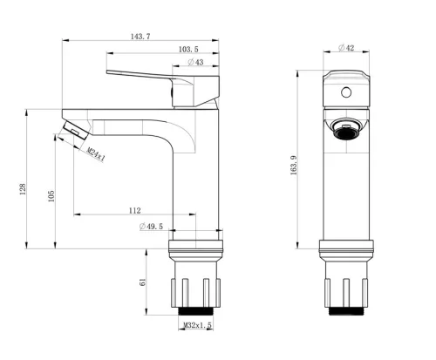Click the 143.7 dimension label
pos(140,37)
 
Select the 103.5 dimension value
pos(188,50)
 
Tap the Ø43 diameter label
pos(195,62)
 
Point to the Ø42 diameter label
pos(346,48)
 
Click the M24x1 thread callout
pos(96,154)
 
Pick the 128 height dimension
pos(23,189)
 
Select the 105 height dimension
pos(51,196)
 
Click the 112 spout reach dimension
pos(134,210)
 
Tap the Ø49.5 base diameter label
pos(151,226)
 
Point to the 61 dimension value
pos(143,282)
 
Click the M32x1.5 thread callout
pos(198,325)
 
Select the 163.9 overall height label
pos(294,165)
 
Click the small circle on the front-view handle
pos(346,92)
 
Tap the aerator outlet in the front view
pos(346,130)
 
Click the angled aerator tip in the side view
pos(75,130)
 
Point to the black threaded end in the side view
pos(196,311)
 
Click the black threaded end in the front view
pos(346,311)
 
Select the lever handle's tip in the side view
pos(107,71)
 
